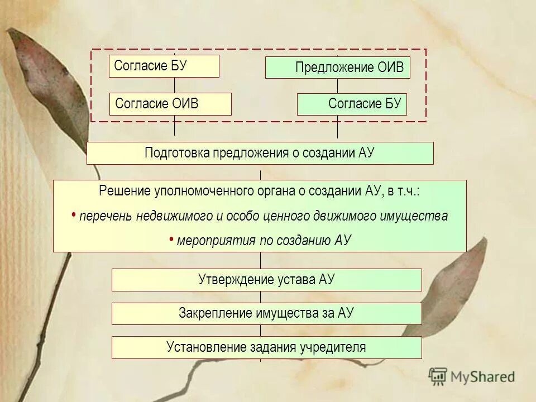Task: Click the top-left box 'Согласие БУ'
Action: tap(164, 66)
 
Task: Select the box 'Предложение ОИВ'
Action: tap(337, 68)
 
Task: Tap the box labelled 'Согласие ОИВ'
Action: tap(170, 104)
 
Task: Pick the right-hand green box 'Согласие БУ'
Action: tap(352, 104)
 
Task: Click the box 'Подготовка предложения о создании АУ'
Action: tap(260, 153)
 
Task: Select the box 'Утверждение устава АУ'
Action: tap(266, 280)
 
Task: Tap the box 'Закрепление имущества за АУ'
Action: tap(266, 313)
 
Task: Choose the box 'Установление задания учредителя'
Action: tap(266, 347)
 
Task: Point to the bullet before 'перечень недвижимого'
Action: tap(74, 215)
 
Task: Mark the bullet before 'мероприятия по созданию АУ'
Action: tap(171, 239)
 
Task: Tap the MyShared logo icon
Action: tap(438, 376)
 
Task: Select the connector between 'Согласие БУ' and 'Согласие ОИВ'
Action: tap(174, 85)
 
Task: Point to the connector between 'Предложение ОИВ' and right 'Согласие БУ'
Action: tap(337, 86)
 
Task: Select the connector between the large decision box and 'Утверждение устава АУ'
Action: tap(260, 260)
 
